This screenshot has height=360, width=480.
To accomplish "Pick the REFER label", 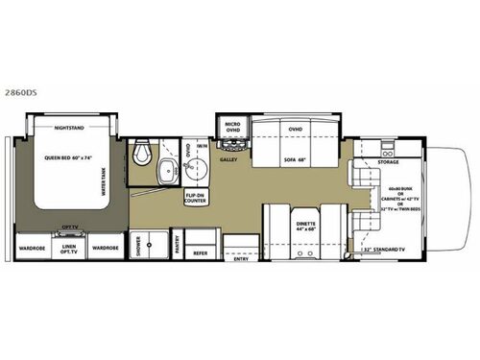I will click(201, 253).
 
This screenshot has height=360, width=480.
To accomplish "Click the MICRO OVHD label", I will click(231, 128).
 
